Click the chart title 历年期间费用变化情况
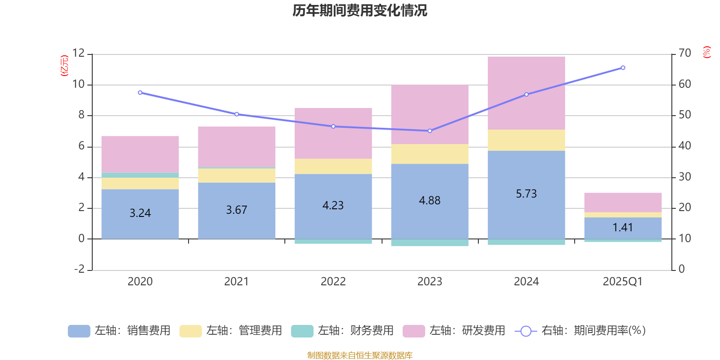[x=360, y=10]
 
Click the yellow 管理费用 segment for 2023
[x=430, y=154]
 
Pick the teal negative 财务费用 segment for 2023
[x=430, y=243]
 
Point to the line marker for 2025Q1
[x=623, y=68]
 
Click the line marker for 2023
[x=430, y=131]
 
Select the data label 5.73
[x=526, y=194]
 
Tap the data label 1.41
[x=623, y=228]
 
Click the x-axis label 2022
[x=333, y=282]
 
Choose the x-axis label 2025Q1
[x=623, y=282]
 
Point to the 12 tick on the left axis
[x=79, y=54]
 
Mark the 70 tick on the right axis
[x=684, y=54]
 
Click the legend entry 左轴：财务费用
[x=342, y=331]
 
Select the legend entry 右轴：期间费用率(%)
[x=580, y=331]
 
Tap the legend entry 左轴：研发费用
[x=454, y=331]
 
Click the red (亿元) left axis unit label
[x=64, y=66]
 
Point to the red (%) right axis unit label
[x=706, y=52]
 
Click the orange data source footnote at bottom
[x=360, y=355]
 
